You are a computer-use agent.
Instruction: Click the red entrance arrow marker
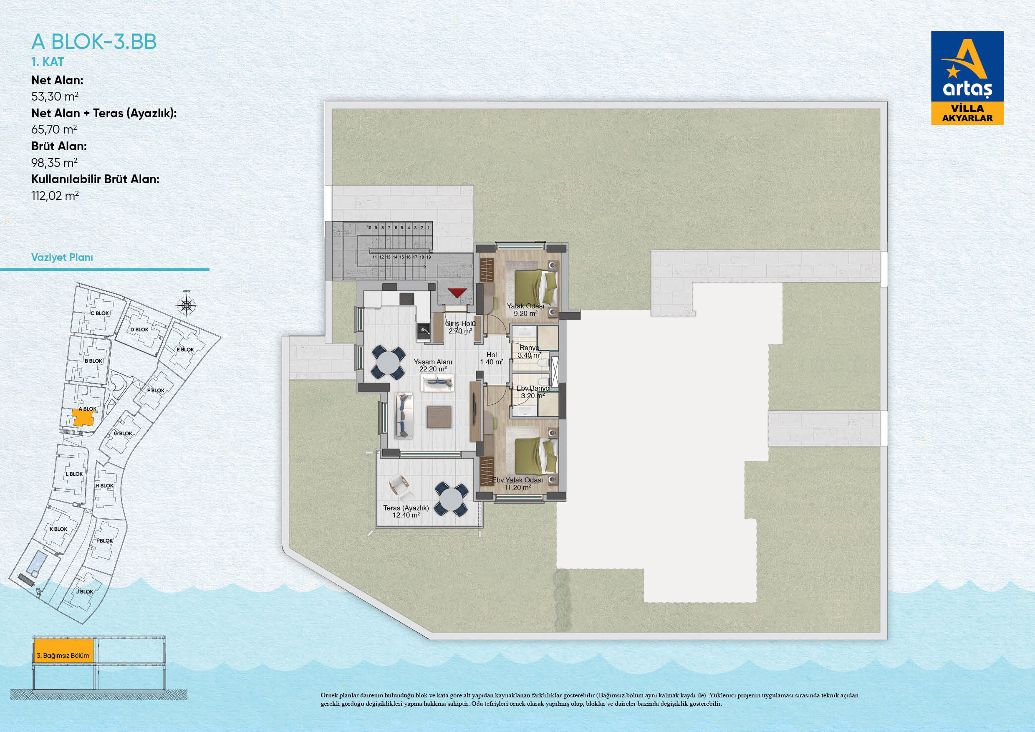[x=457, y=293]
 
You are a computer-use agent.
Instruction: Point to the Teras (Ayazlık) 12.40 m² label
[x=406, y=511]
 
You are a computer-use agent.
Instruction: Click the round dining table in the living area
[x=388, y=362]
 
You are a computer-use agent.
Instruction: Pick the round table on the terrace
[x=451, y=499]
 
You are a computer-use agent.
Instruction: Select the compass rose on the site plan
[x=186, y=306]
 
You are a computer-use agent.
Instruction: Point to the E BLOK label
[x=185, y=350]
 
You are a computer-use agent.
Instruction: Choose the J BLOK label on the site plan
[x=85, y=592]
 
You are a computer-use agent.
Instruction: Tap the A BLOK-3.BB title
[x=94, y=41]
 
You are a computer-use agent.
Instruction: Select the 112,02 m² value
[x=55, y=196]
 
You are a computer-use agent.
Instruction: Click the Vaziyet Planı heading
[x=62, y=257]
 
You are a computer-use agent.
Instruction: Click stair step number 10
[x=369, y=227]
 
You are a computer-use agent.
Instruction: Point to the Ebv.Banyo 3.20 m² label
[x=533, y=392]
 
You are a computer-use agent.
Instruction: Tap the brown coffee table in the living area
[x=439, y=417]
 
